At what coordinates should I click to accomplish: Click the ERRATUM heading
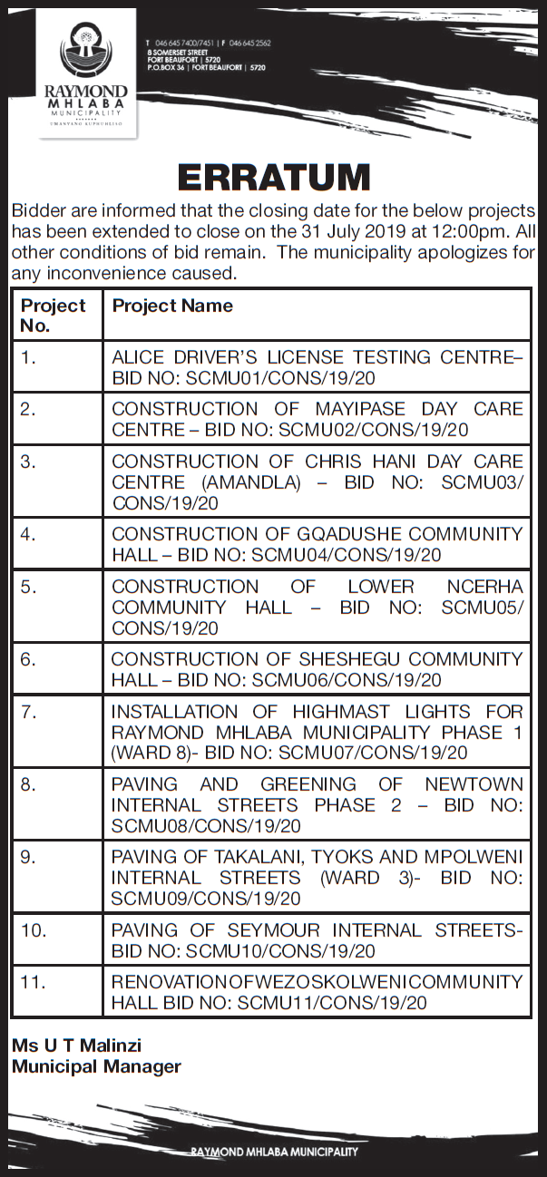[x=273, y=178]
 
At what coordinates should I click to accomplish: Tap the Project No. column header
[x=53, y=315]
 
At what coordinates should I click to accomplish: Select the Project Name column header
[x=172, y=306]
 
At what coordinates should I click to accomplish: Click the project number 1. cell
[x=29, y=357]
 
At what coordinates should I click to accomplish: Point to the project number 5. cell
[x=29, y=587]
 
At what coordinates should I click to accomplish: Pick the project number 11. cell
[x=33, y=981]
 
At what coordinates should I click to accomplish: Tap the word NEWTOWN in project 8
[x=474, y=783]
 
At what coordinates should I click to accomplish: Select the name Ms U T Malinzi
[x=76, y=1046]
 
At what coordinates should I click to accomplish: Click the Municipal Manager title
[x=96, y=1066]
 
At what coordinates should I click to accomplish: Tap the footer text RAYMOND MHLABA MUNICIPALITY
[x=275, y=1152]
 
